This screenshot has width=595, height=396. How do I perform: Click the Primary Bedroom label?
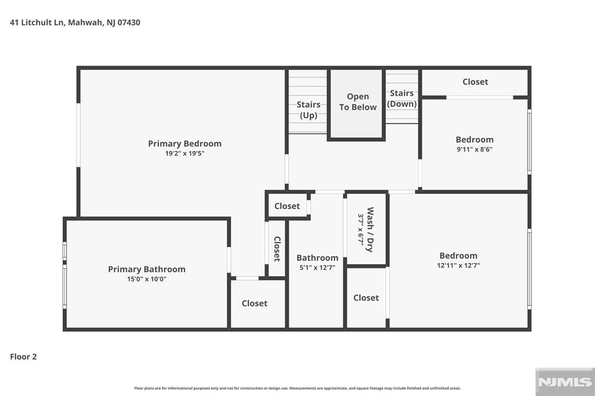coord(185,144)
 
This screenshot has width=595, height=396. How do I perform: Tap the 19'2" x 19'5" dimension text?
coord(185,154)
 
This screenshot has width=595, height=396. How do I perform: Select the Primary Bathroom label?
coord(147,269)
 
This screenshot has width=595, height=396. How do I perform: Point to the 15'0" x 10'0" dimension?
coord(147,279)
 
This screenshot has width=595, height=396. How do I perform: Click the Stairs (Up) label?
coord(309,110)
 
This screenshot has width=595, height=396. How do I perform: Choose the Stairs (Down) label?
coord(402,98)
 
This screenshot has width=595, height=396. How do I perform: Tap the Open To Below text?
coord(358,102)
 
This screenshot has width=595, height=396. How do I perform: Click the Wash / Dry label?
coord(370,229)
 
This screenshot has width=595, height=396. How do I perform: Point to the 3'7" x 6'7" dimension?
coord(360,229)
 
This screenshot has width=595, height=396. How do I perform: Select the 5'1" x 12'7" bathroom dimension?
coord(317,268)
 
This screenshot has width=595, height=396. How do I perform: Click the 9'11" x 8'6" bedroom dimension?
coord(475,149)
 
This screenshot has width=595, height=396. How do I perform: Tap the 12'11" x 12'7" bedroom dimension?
coord(458,265)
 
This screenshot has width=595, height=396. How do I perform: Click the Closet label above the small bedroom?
coord(475,82)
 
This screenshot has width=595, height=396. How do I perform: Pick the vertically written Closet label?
coord(277,249)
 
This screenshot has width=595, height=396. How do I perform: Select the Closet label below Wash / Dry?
coord(366,298)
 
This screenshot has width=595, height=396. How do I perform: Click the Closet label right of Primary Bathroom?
coord(255,304)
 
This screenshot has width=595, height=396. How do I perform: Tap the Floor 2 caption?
coord(23,357)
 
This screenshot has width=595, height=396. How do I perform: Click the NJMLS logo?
coord(565,382)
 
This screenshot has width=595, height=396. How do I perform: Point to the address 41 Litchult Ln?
coord(37,23)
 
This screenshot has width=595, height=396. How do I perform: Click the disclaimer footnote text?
coord(297,388)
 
